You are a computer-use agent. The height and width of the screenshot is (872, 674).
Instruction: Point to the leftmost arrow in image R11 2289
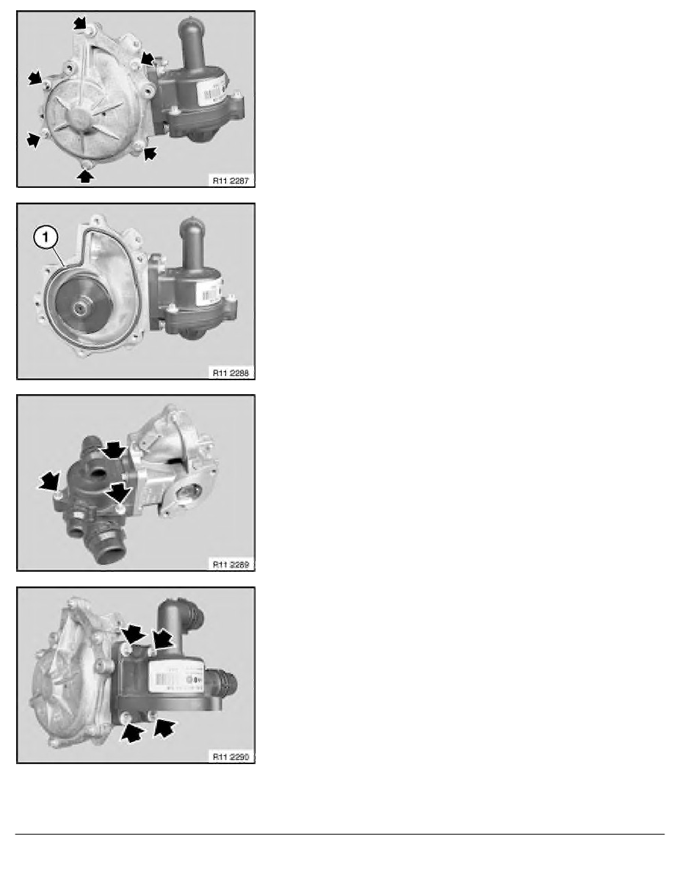50,482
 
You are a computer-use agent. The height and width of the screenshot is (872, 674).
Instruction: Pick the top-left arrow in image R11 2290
133,634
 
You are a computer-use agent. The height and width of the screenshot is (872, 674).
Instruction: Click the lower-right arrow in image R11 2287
149,153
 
